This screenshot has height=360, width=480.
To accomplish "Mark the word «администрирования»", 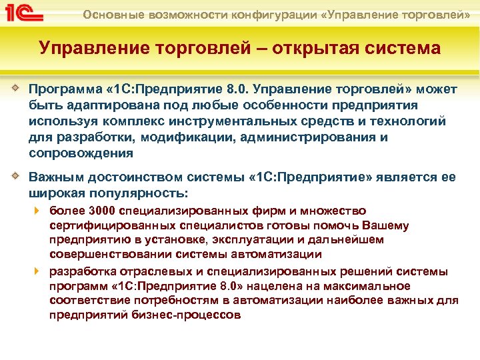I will [299, 137].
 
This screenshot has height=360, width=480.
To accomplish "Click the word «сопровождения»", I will [81, 153].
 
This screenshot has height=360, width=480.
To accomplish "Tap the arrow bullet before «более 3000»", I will [38, 212].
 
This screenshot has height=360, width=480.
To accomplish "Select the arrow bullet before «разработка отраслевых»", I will [38, 272].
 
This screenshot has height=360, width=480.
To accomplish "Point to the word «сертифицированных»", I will [103, 226].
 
